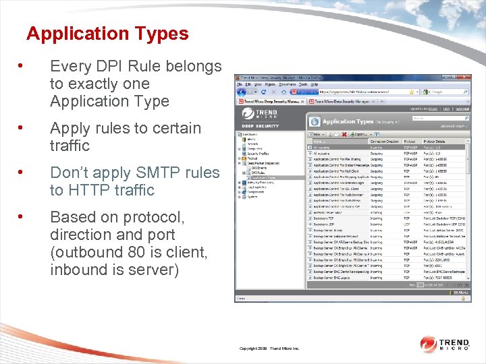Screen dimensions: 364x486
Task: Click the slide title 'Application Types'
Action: coord(107,34)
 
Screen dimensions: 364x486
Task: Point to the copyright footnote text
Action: coord(269,348)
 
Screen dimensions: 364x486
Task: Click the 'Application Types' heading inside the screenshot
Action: coord(348,121)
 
